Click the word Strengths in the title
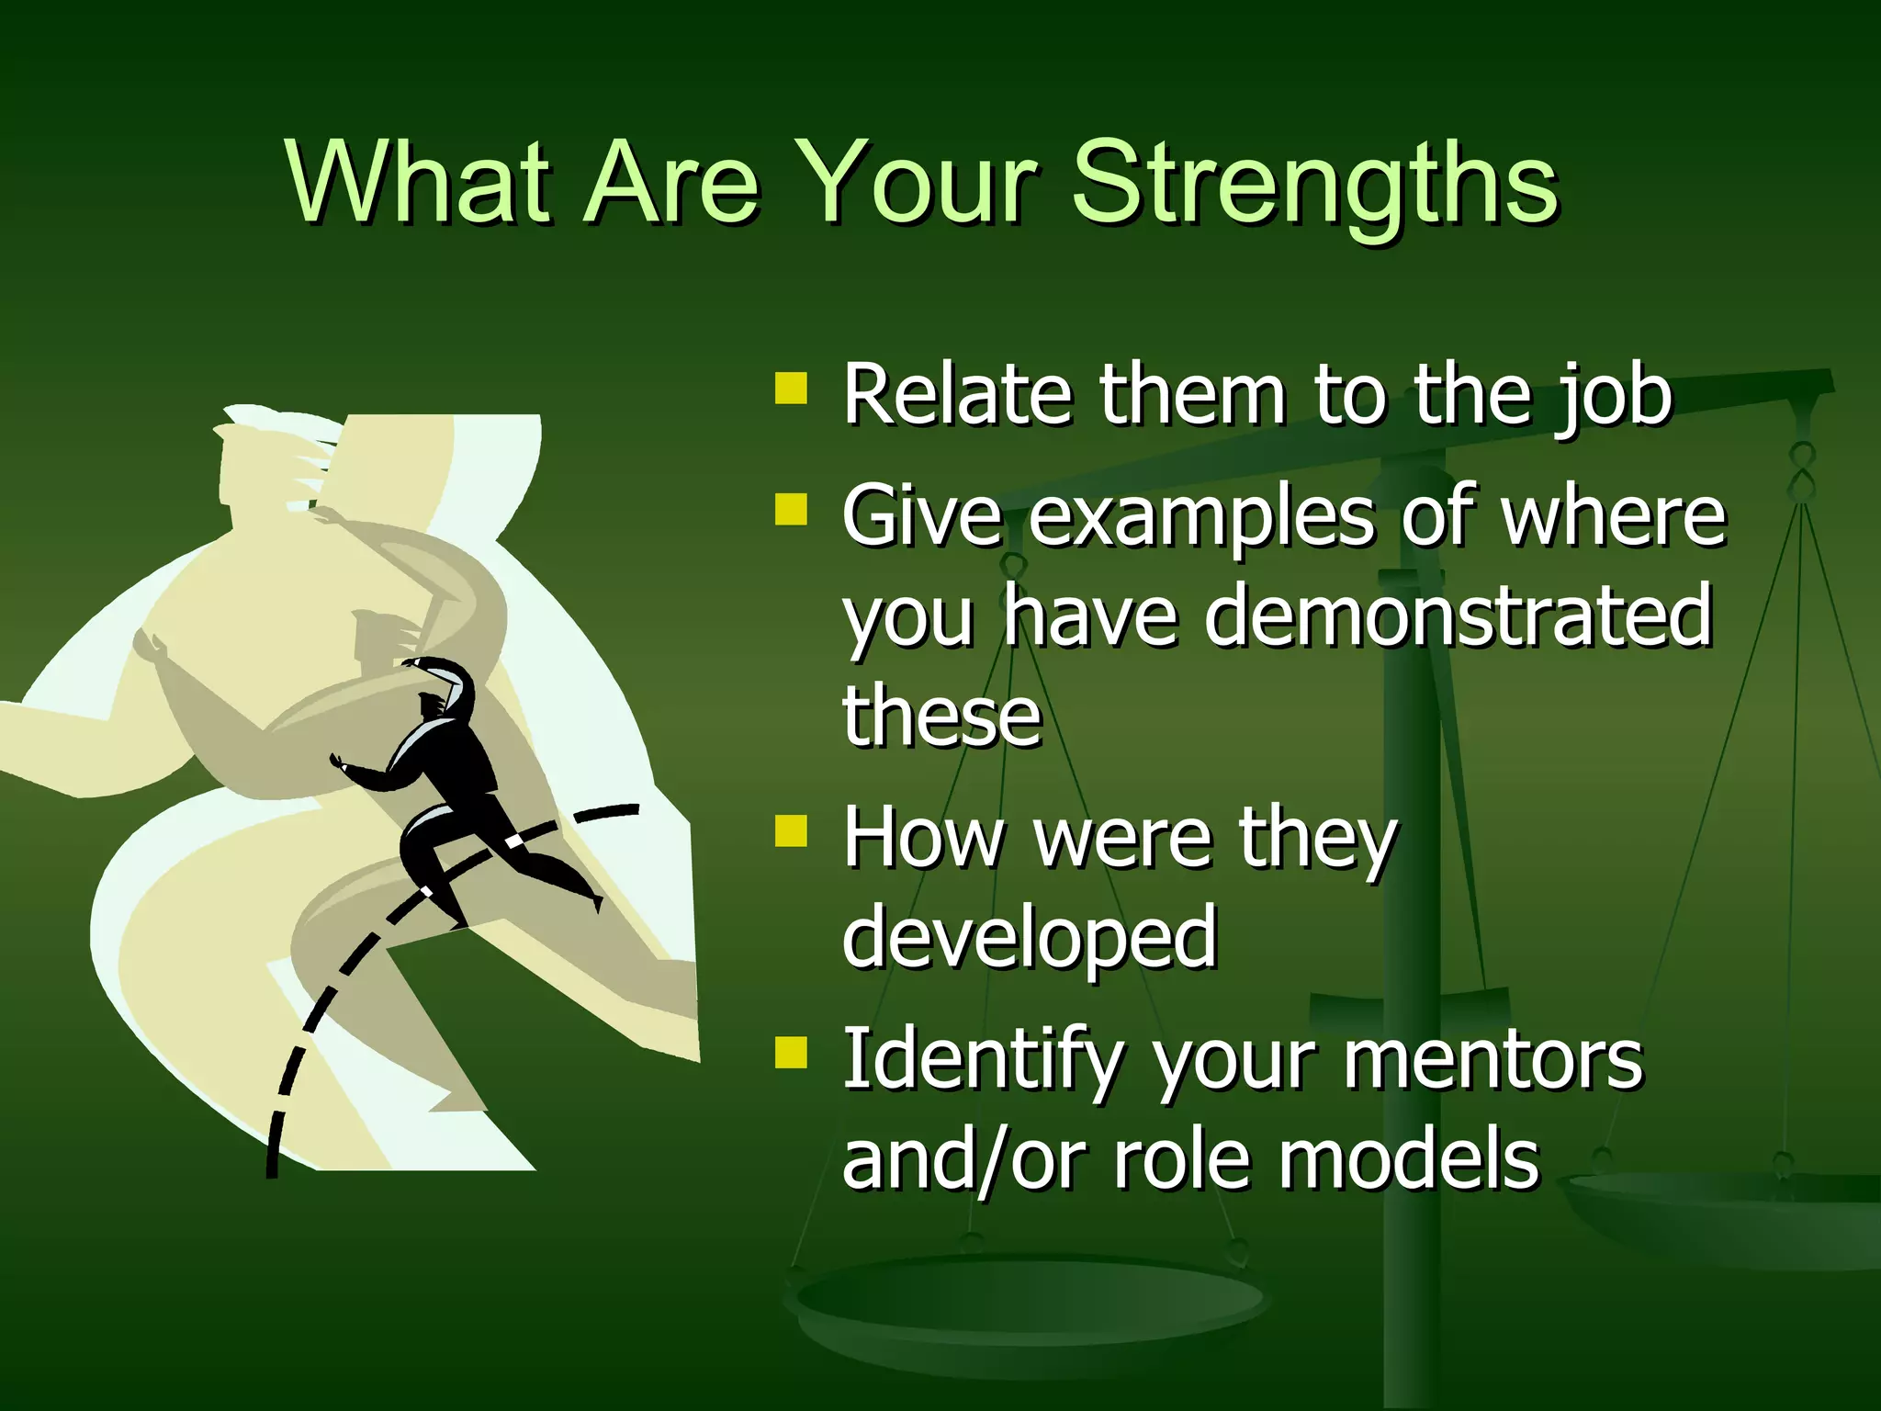1315,184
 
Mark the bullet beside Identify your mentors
791,1053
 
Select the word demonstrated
1458,615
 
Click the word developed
1029,937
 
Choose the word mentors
1492,1060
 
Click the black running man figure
450,781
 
